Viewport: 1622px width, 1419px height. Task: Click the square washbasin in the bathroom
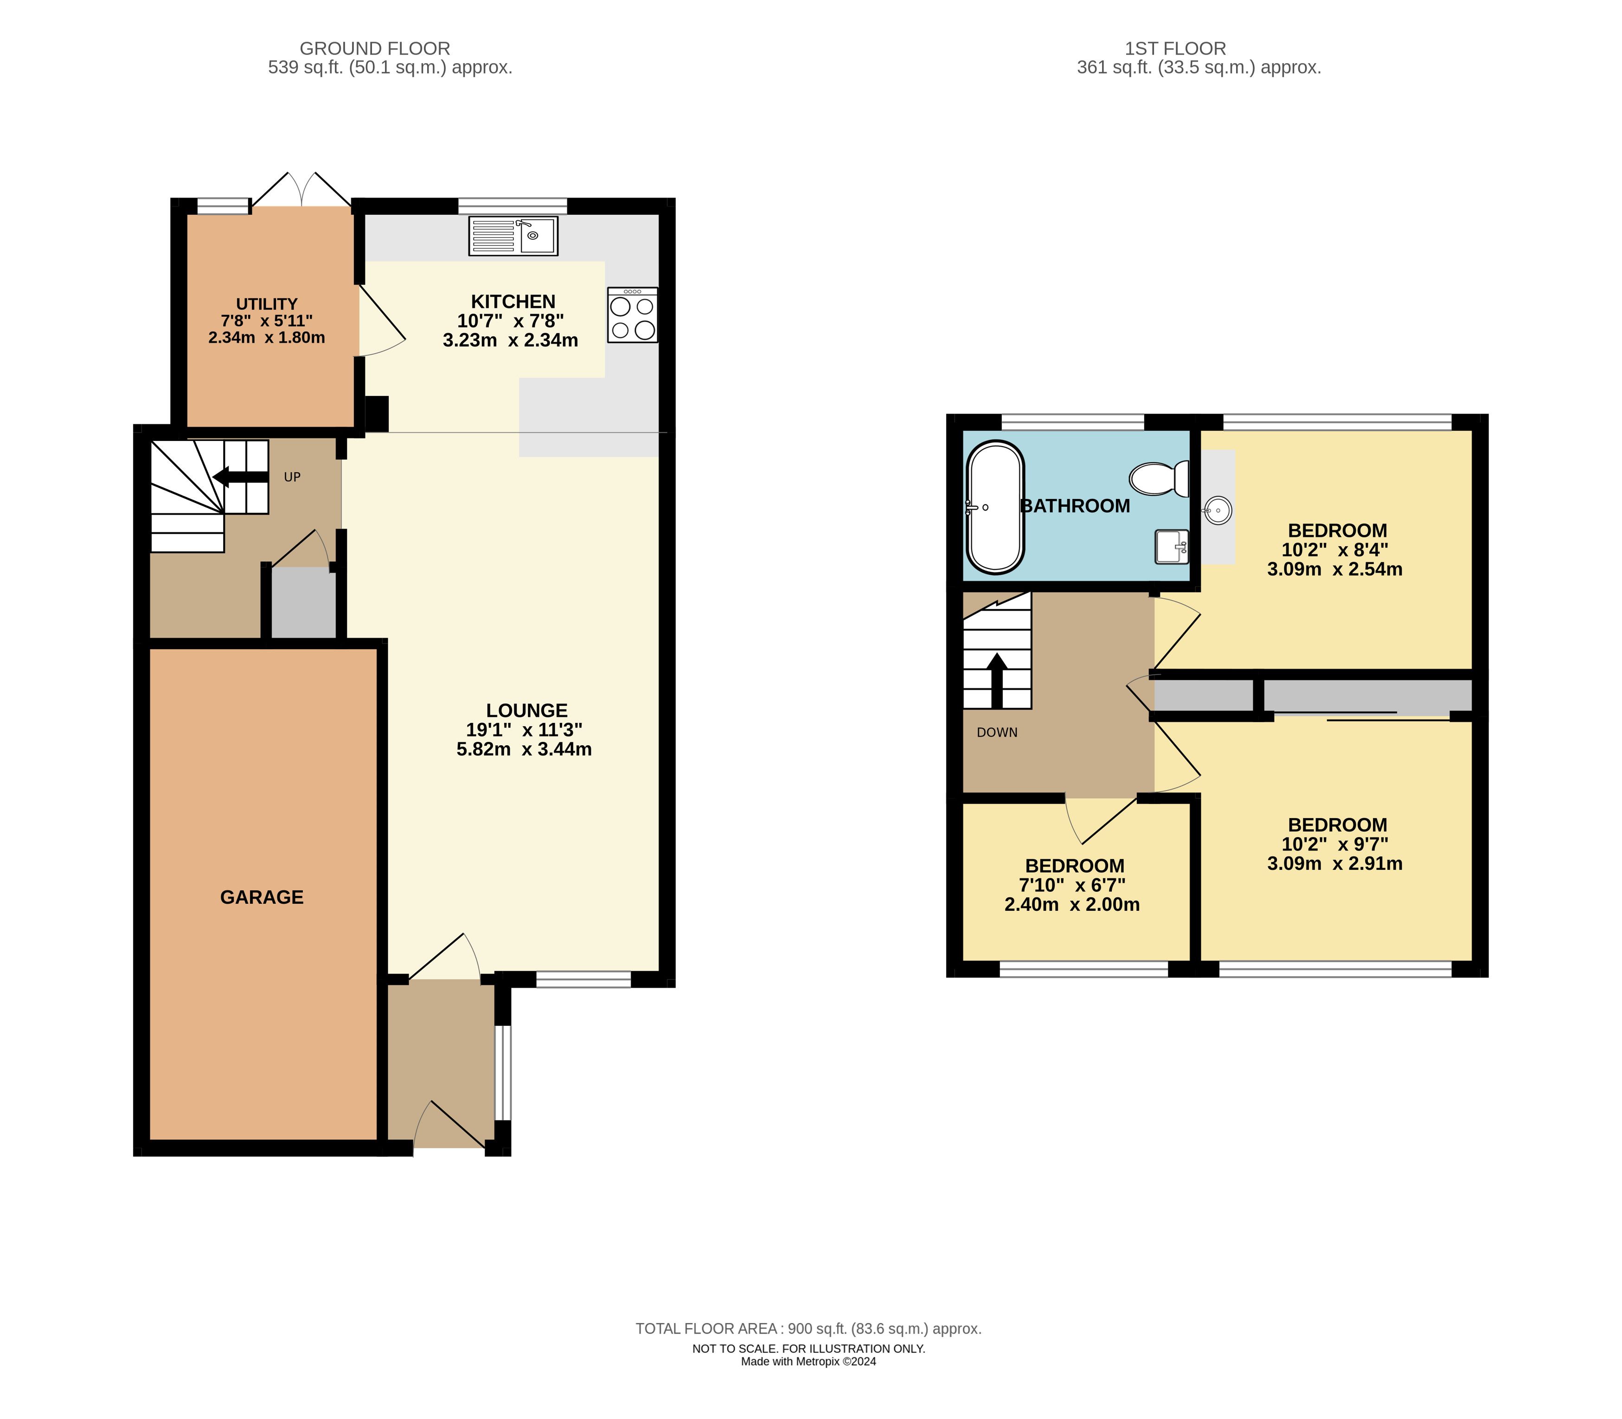[1172, 546]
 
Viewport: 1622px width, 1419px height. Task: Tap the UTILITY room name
[267, 304]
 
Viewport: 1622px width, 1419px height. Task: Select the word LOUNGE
[527, 710]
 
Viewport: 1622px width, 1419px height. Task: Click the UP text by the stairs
[292, 477]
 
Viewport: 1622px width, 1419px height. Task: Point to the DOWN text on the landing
[997, 733]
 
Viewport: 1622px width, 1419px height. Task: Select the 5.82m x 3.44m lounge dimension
[524, 749]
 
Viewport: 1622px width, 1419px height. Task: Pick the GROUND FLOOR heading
[375, 48]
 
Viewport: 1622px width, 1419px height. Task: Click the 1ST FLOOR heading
[1175, 48]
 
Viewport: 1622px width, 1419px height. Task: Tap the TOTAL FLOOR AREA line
[808, 1329]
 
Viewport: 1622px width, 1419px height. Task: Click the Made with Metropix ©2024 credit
[808, 1362]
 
